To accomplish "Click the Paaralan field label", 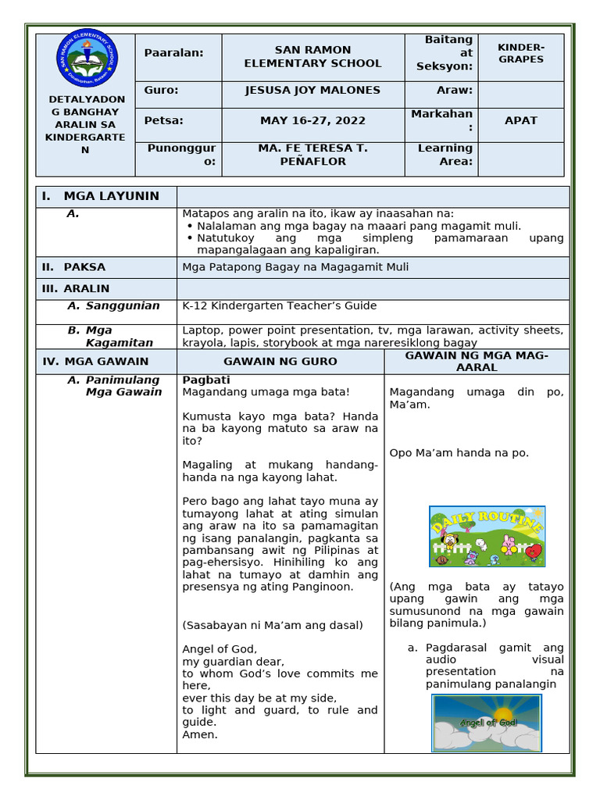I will point(173,52).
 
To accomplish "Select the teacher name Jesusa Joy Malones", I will point(312,90).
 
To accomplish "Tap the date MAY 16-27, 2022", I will point(312,121).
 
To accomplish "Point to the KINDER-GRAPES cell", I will point(521,53).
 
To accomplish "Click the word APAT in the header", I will point(520,121).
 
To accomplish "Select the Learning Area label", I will point(445,155).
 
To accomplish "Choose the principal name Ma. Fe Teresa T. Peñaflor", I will point(312,155).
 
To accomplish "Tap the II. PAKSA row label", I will point(73,267).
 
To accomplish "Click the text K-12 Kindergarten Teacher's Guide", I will point(279,305).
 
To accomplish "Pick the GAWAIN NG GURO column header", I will point(280,362).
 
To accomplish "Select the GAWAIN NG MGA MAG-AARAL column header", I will point(477,362).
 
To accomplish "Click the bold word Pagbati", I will point(206,380).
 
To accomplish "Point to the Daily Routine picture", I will point(487,537).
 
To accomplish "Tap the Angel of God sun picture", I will point(487,723).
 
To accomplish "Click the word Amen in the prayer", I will point(199,734).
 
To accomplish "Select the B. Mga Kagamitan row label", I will point(110,337).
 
